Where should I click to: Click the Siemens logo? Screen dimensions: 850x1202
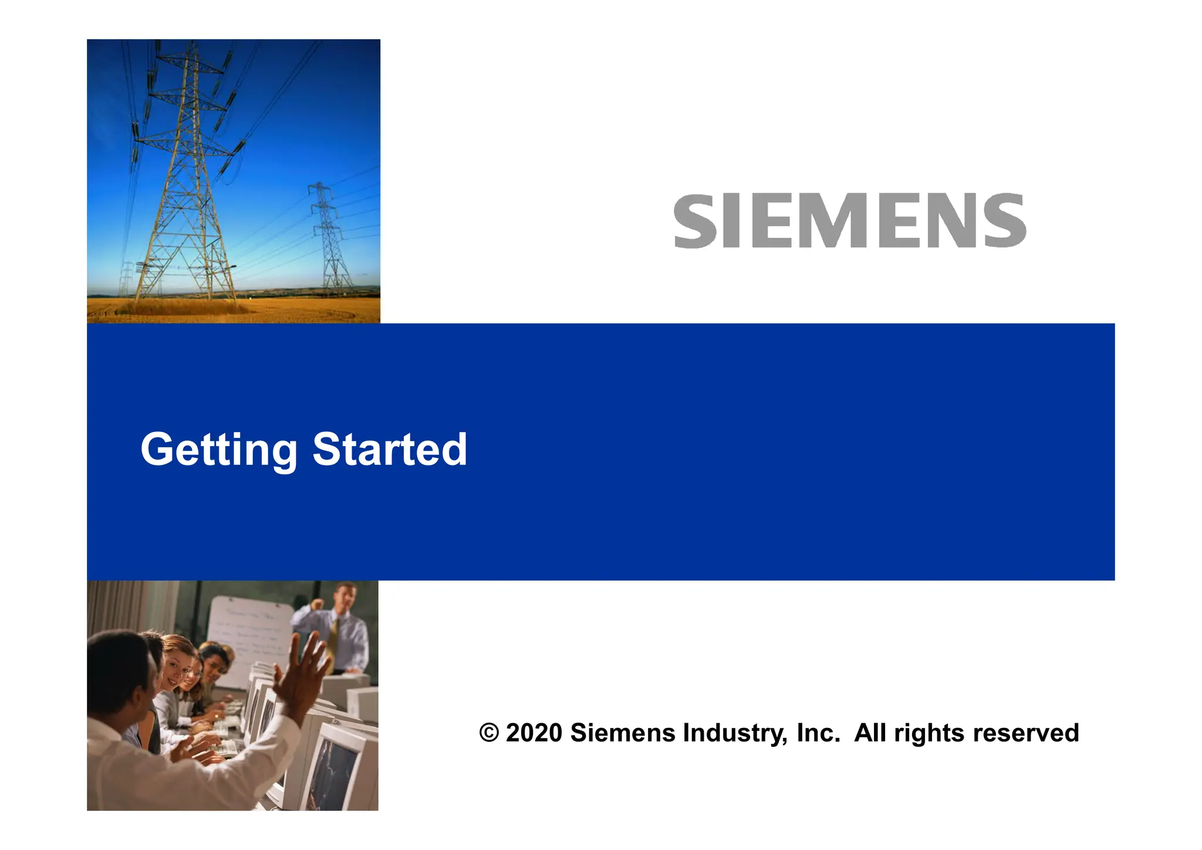[849, 221]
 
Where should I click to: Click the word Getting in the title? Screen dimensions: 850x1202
[219, 450]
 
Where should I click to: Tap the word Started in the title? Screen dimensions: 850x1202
[390, 450]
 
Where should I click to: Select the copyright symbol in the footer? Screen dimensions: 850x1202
[489, 733]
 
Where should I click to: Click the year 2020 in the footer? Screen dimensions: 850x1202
[534, 733]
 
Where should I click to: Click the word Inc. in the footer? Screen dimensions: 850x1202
[818, 733]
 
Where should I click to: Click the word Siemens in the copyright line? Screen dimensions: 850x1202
[623, 733]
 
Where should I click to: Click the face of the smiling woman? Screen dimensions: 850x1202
[177, 669]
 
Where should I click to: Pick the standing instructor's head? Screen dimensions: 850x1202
[345, 596]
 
